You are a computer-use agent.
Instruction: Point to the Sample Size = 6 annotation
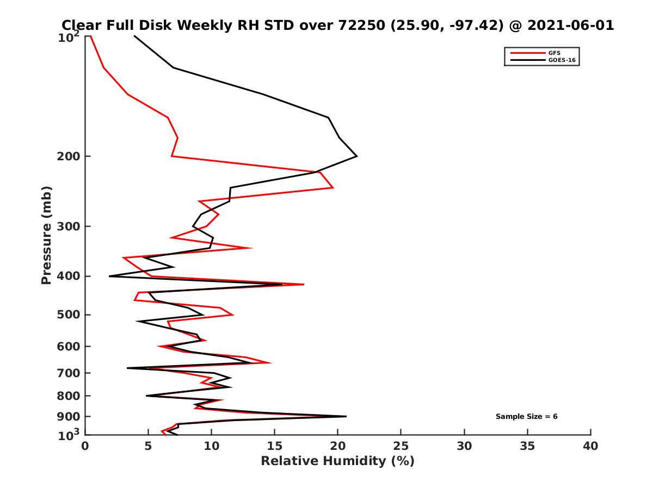(x=526, y=417)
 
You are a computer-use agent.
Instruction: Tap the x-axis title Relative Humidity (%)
(x=337, y=462)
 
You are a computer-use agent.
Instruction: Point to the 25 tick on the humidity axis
(x=401, y=447)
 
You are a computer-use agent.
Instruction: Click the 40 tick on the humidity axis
(x=590, y=447)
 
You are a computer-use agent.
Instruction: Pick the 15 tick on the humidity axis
(x=274, y=447)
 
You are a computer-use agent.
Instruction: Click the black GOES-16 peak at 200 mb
(x=356, y=156)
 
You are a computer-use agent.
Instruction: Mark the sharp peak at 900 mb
(x=346, y=416)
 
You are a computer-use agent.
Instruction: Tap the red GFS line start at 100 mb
(x=90, y=36)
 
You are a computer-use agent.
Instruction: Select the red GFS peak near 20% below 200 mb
(x=332, y=187)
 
